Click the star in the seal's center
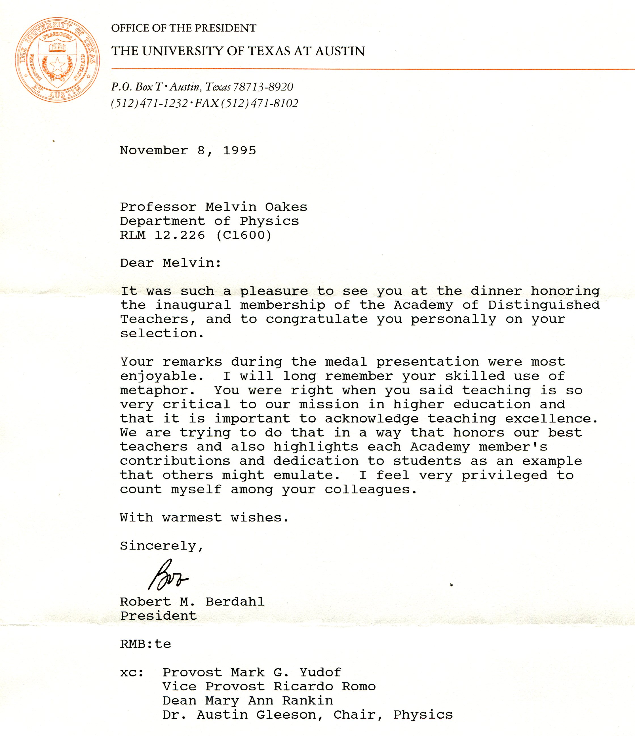57,65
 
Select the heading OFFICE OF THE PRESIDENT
183,28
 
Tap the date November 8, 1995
188,151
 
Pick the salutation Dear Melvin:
170,263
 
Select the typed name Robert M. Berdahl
192,602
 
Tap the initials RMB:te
145,644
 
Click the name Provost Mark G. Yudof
252,672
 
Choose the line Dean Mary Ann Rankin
248,701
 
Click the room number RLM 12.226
162,235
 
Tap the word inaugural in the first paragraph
193,305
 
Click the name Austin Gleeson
256,715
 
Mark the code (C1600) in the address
244,235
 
